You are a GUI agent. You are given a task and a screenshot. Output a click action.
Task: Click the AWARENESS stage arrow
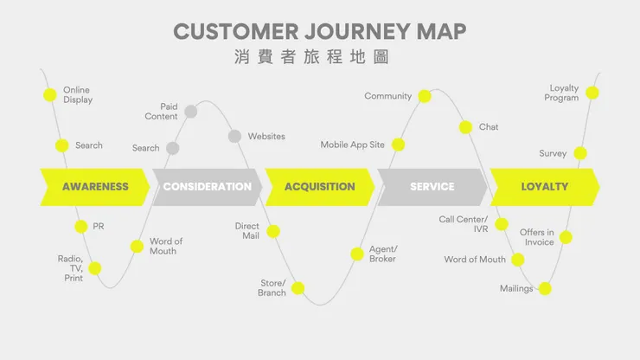click(x=95, y=187)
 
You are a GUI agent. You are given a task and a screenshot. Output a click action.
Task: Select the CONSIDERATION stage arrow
click(x=207, y=187)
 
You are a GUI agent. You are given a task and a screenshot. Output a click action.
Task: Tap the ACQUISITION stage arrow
click(x=319, y=187)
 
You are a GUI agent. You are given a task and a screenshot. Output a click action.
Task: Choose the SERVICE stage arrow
click(x=432, y=187)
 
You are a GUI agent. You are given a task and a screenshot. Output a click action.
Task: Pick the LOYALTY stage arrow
click(x=544, y=187)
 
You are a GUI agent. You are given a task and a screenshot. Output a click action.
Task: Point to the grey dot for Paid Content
click(x=191, y=111)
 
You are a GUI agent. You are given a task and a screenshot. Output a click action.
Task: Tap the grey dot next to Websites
click(x=234, y=136)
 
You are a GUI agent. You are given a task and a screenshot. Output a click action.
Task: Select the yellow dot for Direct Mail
click(x=273, y=231)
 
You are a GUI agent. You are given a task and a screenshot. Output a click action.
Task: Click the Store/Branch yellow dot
click(x=298, y=288)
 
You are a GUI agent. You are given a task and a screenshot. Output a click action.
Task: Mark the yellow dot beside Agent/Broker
click(x=357, y=254)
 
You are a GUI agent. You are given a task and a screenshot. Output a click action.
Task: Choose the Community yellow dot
click(x=425, y=96)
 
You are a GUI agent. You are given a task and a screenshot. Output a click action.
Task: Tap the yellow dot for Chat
click(x=464, y=127)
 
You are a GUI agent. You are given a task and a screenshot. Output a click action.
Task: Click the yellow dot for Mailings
click(x=545, y=288)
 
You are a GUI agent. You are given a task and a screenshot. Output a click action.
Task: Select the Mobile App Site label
click(x=352, y=145)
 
